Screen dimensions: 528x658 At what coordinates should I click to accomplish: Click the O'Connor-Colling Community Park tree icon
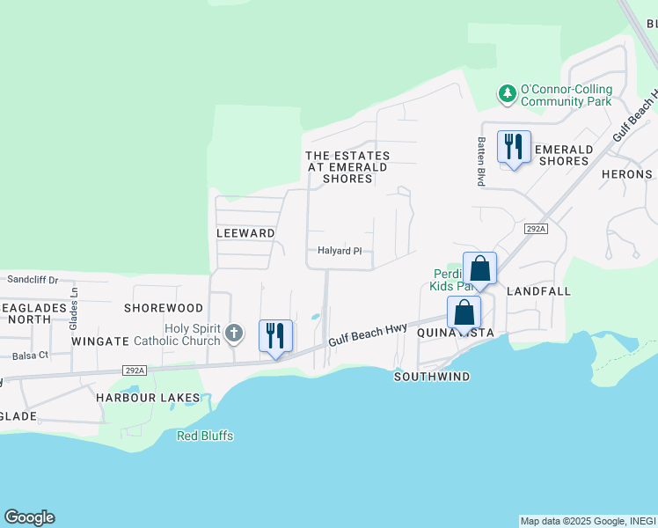507,93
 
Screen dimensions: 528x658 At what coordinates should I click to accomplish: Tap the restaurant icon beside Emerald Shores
514,145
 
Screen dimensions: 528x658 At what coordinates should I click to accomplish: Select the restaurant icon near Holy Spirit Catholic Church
275,335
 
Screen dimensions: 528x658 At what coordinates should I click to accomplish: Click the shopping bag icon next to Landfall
479,268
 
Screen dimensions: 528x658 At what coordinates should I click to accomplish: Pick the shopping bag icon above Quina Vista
464,312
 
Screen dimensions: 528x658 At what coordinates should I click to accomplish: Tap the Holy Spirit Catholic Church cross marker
233,333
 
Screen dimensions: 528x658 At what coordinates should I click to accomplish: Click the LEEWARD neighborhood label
246,233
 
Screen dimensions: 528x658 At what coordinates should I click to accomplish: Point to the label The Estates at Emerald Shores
347,167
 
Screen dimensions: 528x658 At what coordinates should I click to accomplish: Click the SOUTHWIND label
432,377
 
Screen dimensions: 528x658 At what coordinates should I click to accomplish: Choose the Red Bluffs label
205,436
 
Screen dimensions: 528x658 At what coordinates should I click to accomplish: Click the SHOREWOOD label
164,308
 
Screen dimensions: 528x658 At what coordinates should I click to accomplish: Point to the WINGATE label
100,340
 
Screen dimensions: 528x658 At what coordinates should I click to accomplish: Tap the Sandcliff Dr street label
33,279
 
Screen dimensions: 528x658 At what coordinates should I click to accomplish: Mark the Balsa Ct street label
31,356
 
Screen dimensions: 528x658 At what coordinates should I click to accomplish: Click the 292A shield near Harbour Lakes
135,370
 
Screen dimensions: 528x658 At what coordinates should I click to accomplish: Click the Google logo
29,517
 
